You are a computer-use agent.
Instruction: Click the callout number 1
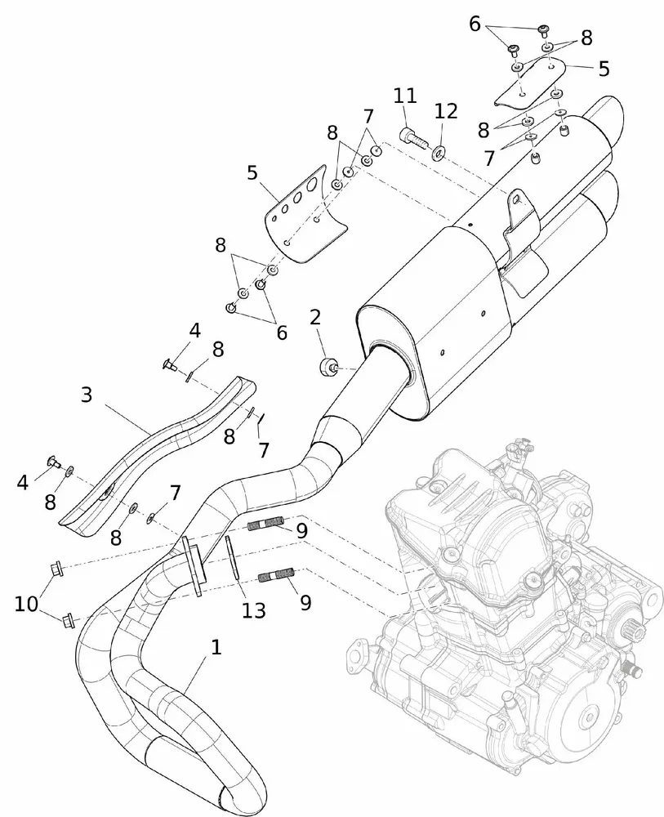pos(216,648)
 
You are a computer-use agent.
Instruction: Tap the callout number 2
pos(315,317)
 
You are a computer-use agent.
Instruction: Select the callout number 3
pos(87,395)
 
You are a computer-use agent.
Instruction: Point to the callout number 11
pos(404,96)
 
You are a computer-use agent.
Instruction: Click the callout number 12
pos(447,111)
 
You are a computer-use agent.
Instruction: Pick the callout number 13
pos(254,609)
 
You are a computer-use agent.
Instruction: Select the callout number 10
pos(25,604)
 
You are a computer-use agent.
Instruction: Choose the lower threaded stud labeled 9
pos(274,578)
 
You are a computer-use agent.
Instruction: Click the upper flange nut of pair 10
pos(56,567)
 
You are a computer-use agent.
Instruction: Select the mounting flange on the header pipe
pos(193,564)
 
